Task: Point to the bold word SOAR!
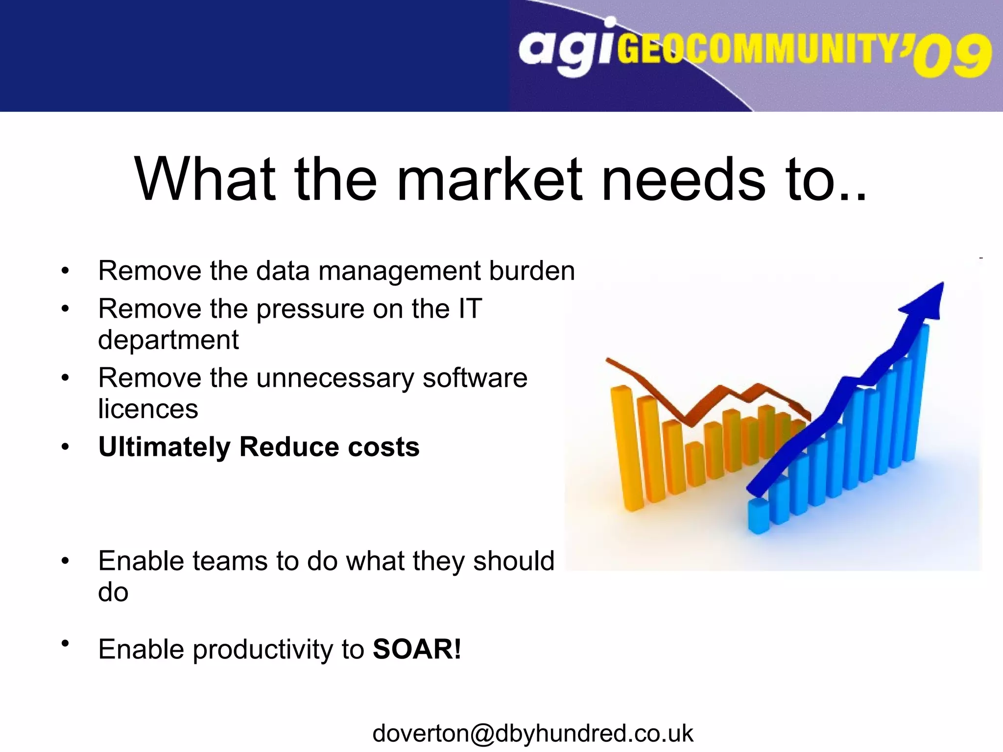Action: pos(417,649)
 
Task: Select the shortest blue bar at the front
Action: pos(758,517)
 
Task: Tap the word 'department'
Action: pos(168,340)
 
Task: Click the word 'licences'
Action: pos(148,409)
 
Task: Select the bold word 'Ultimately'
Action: pos(164,447)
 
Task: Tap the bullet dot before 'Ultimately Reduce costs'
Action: pos(65,447)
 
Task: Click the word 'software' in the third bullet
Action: pos(475,378)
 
